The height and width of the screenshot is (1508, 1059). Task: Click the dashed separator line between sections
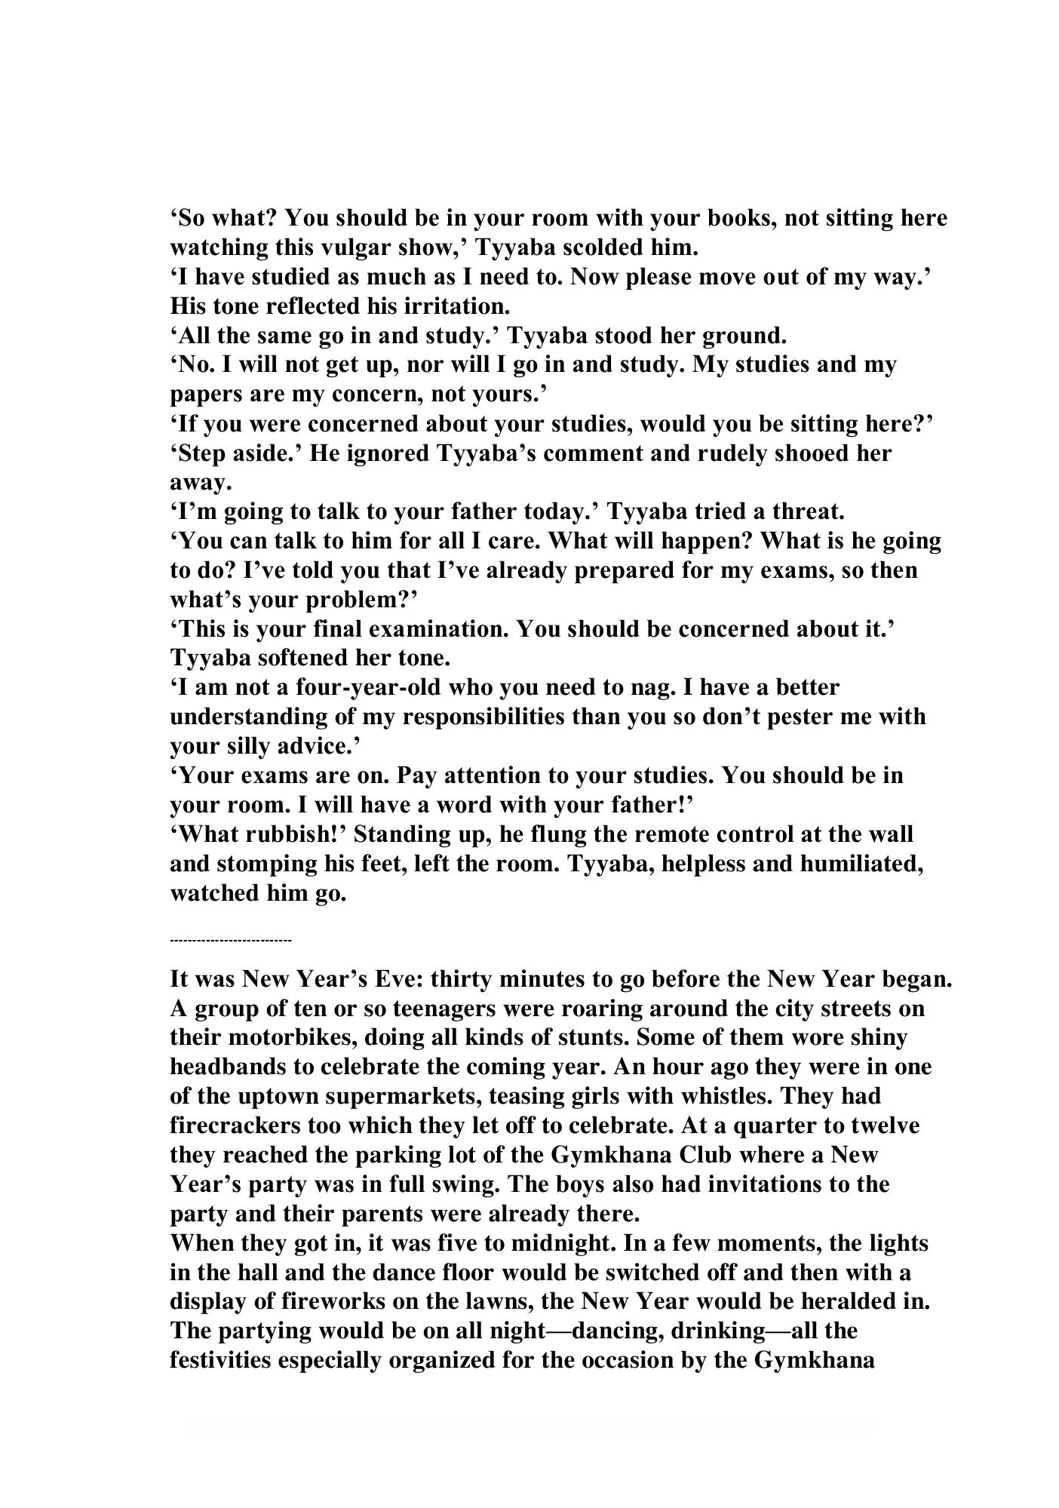[x=231, y=941]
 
